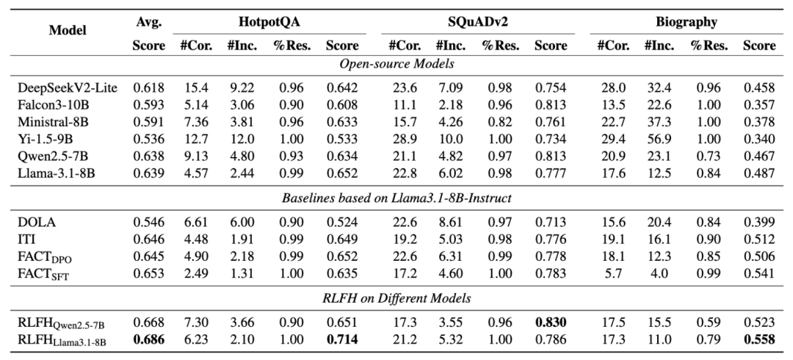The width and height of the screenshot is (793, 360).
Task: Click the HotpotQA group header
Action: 269,22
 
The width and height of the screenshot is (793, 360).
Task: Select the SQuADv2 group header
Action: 478,22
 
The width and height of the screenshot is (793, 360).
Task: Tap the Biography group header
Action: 687,22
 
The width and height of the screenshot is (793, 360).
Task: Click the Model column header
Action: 68,30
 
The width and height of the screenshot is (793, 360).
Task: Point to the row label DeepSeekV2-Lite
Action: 68,88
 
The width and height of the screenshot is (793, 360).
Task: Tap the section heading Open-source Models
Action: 396,64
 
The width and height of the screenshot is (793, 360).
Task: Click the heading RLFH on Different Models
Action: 396,298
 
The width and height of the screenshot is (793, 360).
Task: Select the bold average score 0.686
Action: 148,339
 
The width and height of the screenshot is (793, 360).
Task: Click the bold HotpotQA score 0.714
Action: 342,339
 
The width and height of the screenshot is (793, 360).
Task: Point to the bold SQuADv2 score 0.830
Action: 551,323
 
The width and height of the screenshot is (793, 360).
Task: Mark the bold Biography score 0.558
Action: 759,339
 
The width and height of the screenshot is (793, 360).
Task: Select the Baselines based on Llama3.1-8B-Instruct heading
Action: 396,198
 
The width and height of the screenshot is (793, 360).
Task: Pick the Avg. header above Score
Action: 148,22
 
